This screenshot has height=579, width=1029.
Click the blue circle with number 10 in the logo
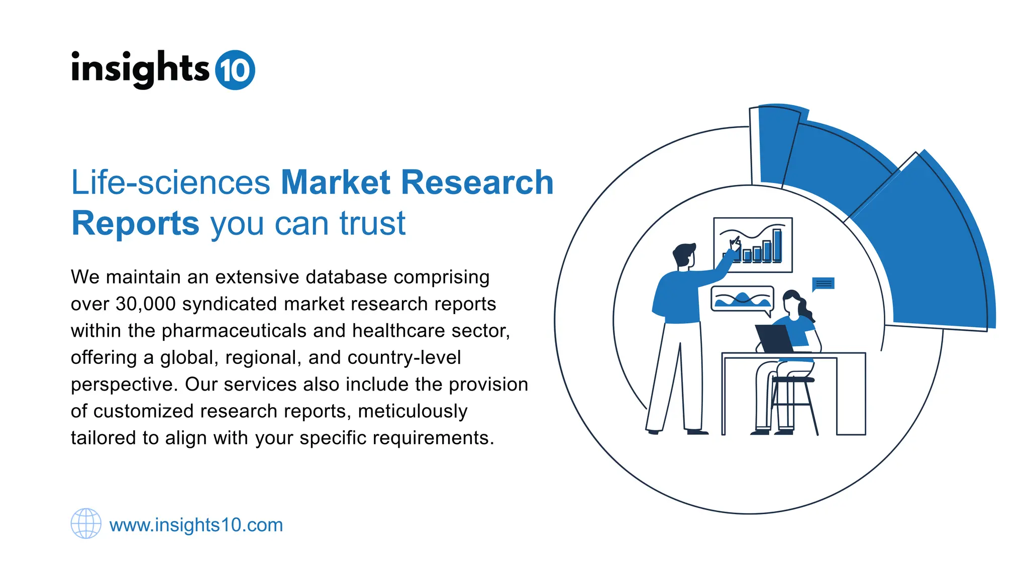(x=235, y=70)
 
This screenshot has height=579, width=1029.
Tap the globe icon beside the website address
(x=86, y=523)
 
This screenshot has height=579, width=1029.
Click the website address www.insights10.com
(x=196, y=525)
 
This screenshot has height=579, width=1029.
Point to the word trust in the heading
(x=372, y=223)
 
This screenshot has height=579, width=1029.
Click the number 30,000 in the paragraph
(x=146, y=304)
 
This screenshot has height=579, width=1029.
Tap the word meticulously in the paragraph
(x=413, y=411)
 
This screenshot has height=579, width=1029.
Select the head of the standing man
(x=684, y=255)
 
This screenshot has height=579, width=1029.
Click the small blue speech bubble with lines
(x=823, y=284)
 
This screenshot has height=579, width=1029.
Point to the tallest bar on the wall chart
(x=777, y=245)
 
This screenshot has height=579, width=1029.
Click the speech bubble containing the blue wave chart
(x=742, y=300)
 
